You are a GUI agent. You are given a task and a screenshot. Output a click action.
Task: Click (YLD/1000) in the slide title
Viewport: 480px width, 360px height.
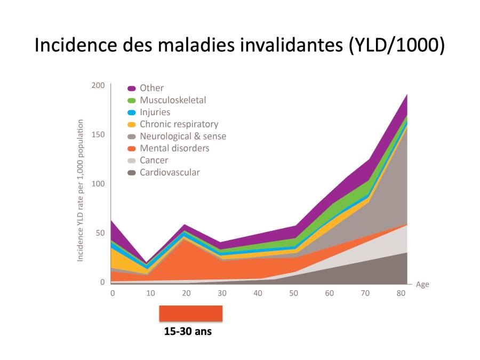(x=397, y=45)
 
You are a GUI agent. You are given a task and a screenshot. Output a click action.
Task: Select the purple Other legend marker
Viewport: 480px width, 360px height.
(x=132, y=89)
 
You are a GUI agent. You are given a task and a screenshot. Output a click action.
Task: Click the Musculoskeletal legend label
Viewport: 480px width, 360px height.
(x=172, y=100)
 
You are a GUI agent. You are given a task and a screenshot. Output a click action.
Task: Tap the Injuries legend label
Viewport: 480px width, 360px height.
(x=155, y=112)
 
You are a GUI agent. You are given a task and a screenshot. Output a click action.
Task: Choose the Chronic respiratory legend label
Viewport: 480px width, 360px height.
(x=179, y=124)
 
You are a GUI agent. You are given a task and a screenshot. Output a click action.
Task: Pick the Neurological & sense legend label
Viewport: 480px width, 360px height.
(x=182, y=136)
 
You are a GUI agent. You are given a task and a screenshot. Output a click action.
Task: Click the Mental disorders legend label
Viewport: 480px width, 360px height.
(x=174, y=148)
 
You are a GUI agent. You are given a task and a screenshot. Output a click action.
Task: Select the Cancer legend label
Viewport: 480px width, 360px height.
(x=154, y=160)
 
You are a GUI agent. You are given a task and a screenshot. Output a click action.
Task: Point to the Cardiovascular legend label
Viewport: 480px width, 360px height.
(x=170, y=172)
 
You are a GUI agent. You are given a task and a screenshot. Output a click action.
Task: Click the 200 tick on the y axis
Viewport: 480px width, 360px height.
(x=98, y=85)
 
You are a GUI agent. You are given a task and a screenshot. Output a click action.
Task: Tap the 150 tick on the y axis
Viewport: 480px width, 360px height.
(x=98, y=134)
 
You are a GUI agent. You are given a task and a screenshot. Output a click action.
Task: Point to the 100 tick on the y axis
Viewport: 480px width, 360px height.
(x=98, y=184)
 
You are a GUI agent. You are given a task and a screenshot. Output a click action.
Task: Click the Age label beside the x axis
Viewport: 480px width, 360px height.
(x=422, y=285)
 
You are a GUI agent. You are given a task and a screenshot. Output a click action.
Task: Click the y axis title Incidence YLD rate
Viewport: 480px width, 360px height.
(x=81, y=190)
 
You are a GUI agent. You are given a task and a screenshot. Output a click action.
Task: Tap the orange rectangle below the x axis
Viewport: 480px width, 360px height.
(x=190, y=314)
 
